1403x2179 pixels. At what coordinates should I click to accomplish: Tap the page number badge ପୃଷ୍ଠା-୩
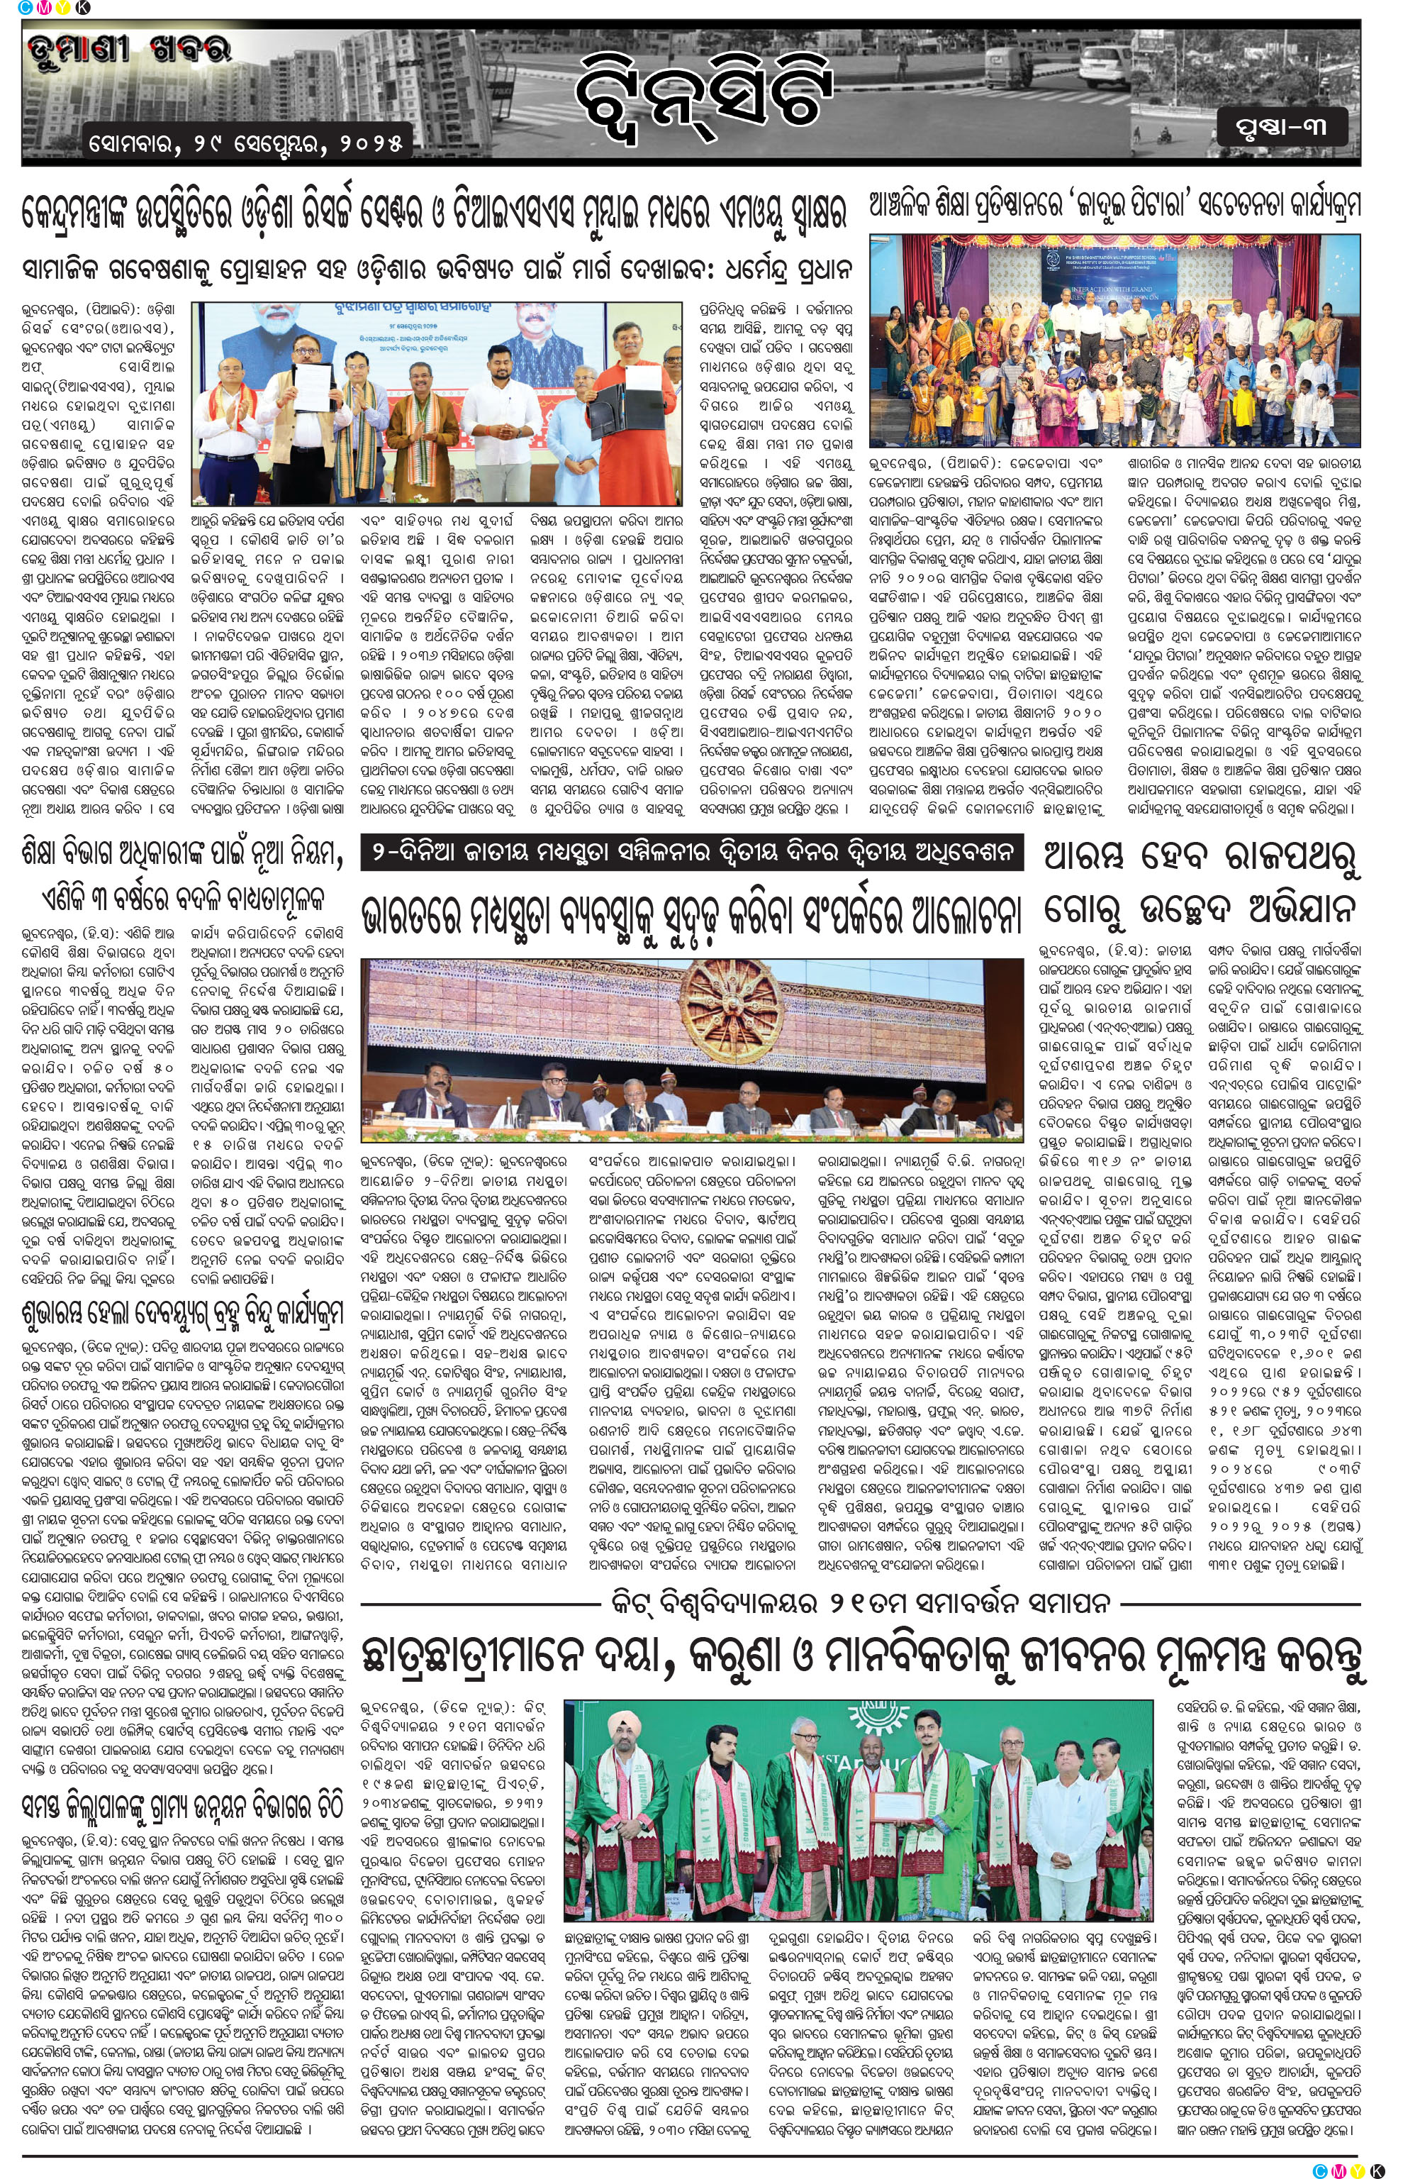pos(1281,128)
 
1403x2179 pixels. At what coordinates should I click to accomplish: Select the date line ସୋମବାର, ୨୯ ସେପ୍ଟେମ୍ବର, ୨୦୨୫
pos(246,143)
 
